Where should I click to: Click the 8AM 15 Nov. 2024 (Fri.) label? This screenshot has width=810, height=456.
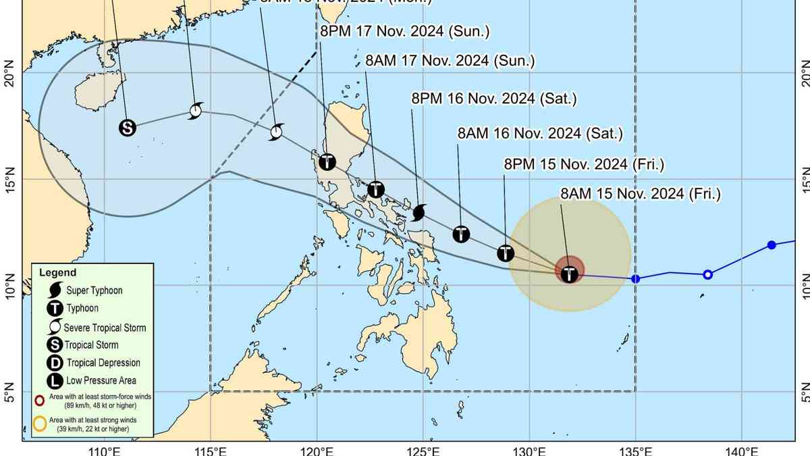[641, 195]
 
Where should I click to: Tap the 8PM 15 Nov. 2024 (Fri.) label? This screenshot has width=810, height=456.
[584, 164]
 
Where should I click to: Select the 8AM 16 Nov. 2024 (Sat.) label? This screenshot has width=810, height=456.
[539, 133]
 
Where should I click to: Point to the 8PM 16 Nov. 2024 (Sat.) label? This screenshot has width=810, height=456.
[494, 99]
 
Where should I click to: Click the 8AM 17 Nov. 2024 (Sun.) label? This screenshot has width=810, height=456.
[450, 61]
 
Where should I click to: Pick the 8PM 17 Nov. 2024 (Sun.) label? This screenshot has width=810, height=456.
[404, 31]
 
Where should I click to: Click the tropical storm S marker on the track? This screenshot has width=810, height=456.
[128, 127]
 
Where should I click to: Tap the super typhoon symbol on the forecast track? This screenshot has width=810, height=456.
[418, 213]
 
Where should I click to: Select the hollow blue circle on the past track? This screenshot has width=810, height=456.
[707, 274]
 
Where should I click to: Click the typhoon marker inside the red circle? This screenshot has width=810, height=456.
[570, 274]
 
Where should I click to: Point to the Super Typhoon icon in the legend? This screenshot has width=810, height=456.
[53, 290]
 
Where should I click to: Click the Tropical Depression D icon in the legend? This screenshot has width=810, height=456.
[53, 363]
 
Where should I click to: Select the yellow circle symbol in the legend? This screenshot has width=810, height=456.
[40, 424]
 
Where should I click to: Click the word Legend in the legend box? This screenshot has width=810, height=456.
[57, 273]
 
